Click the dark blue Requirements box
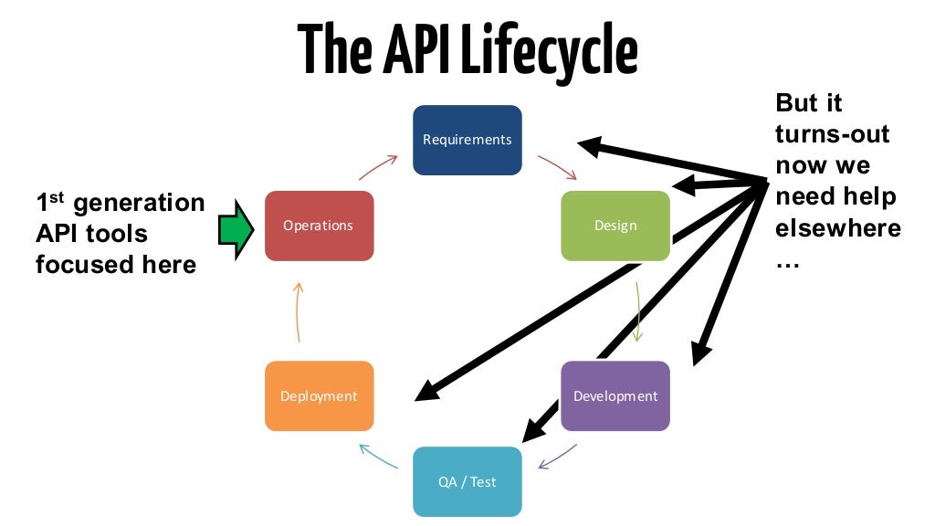coord(467,140)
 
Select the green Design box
coord(615,226)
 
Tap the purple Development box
coord(615,396)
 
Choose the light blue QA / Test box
coord(467,481)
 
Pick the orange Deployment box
coord(319,396)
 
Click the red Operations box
coord(319,226)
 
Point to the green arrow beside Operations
coord(235,228)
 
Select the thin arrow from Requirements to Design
coord(557,167)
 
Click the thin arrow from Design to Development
coord(638,310)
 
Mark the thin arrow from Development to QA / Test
coord(557,457)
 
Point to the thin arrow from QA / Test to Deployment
coord(378,457)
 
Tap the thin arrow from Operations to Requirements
coord(378,167)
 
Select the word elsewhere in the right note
coord(837,227)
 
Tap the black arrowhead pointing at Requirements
coord(591,145)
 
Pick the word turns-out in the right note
coord(832,134)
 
